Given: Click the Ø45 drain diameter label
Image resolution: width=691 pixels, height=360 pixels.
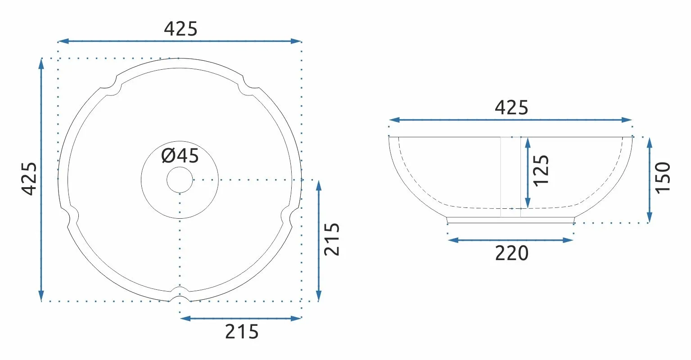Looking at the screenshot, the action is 180,156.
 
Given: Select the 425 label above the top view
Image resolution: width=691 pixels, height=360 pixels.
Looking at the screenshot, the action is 181,29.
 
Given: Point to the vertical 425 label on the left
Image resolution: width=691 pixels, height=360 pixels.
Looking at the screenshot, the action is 29,179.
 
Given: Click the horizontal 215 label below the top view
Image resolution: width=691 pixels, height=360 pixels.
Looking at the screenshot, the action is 242,332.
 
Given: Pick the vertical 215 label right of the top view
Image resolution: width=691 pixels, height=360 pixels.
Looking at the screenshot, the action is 332,239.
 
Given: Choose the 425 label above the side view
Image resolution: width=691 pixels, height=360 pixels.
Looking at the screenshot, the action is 511,108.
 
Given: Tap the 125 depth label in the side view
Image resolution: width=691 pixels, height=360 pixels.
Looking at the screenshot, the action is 541,171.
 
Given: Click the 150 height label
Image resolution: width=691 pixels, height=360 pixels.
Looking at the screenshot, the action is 663,178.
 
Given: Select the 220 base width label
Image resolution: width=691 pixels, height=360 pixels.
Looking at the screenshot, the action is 512,253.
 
